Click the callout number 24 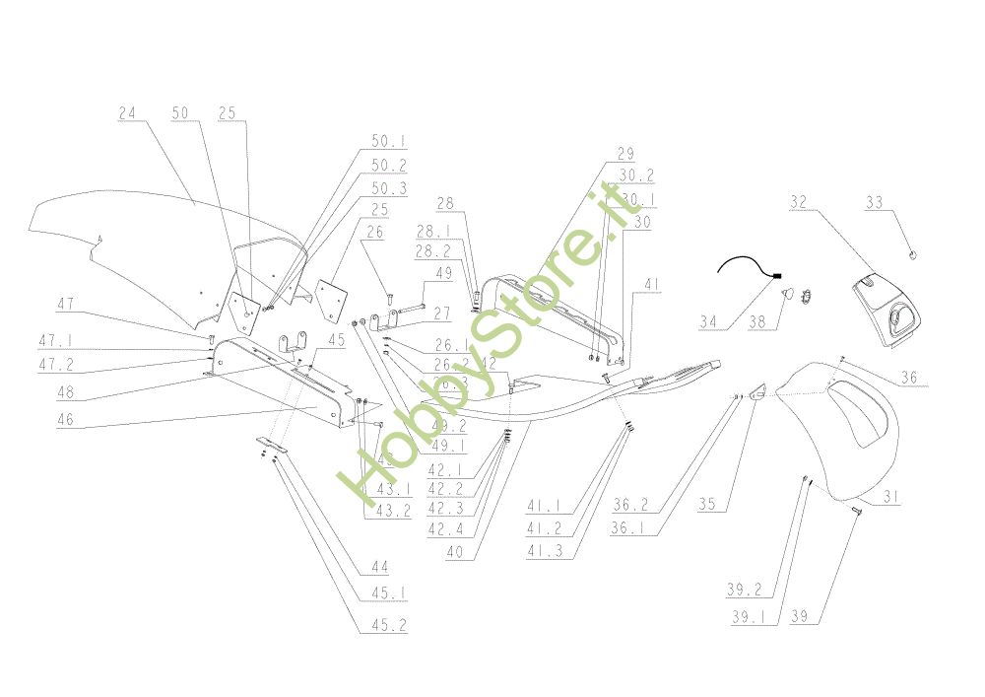click(x=127, y=114)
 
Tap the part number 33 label click(x=874, y=202)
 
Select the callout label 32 click(x=798, y=202)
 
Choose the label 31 click(x=890, y=499)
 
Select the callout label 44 click(x=379, y=567)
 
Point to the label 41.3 click(x=544, y=553)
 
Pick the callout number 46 click(x=66, y=420)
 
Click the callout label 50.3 click(x=361, y=187)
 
